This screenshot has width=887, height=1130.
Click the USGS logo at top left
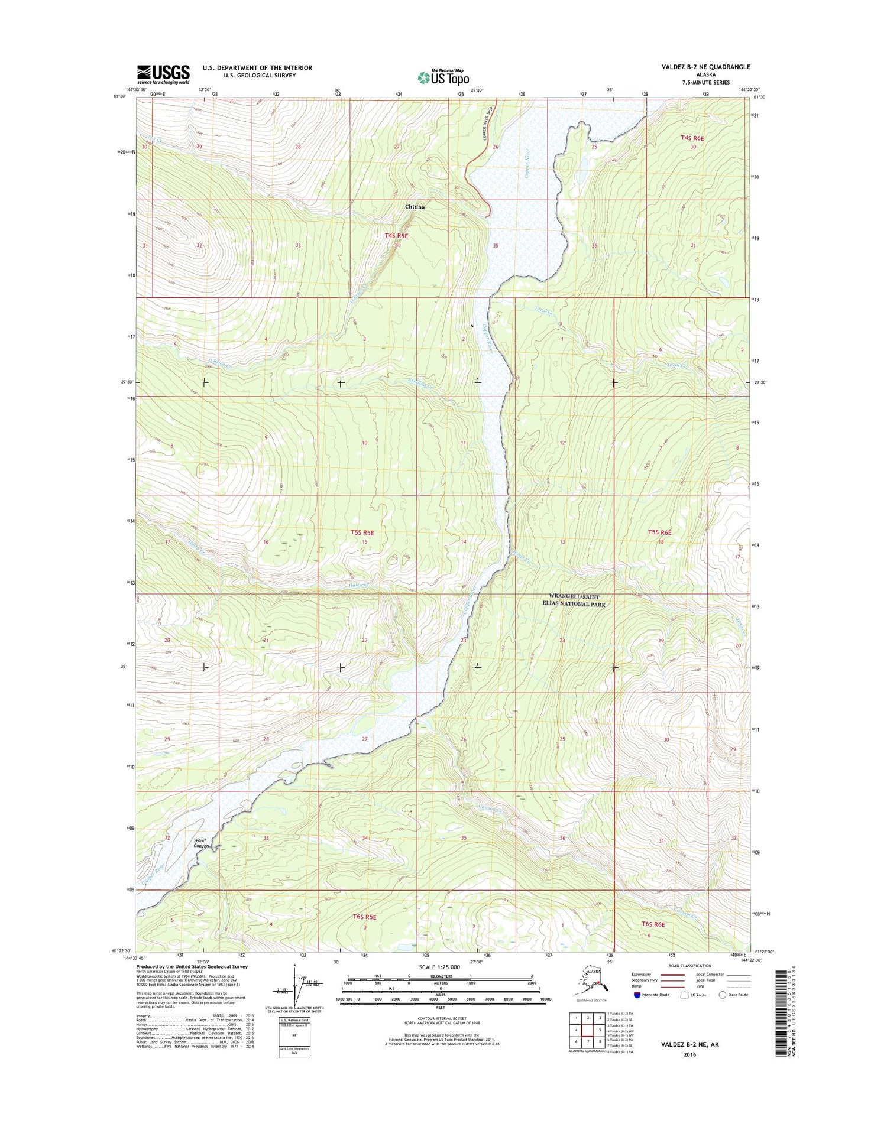[x=163, y=74]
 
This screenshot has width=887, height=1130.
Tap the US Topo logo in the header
[x=444, y=77]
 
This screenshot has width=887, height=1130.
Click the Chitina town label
[x=415, y=207]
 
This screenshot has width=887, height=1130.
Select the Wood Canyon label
[x=200, y=843]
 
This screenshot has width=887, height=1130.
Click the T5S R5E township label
[x=362, y=532]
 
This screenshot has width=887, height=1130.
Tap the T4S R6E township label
[x=692, y=138]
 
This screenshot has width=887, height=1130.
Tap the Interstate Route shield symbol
[x=636, y=995]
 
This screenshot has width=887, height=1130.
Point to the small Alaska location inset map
[x=593, y=980]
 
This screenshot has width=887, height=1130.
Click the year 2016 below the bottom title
[x=689, y=1054]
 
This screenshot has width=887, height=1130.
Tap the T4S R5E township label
[x=396, y=235]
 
